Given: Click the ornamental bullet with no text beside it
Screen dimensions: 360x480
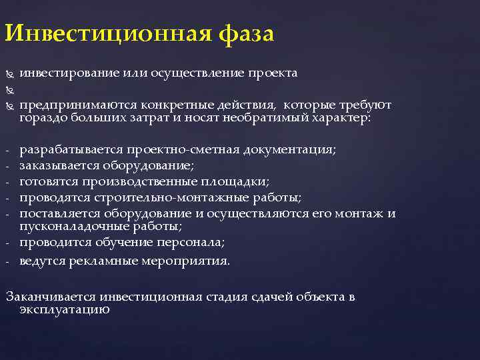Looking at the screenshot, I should [x=9, y=89].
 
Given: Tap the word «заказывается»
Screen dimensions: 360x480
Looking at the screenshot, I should [x=57, y=165].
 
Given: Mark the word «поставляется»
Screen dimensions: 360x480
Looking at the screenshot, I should [x=55, y=213].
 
